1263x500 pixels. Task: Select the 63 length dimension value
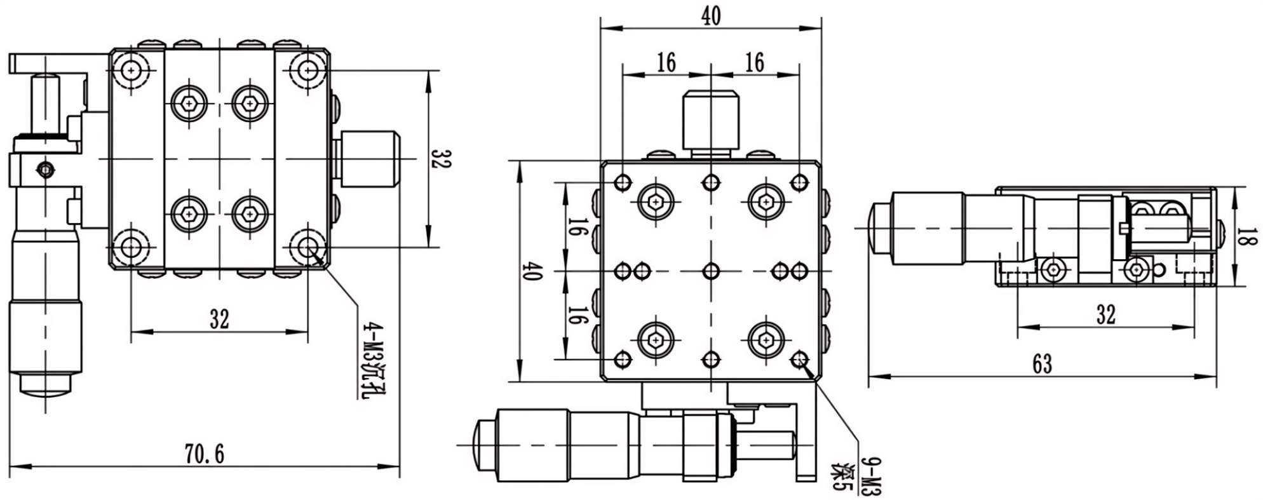point(1042,364)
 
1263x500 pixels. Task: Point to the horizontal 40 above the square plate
point(711,16)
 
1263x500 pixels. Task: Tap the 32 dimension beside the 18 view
point(1105,314)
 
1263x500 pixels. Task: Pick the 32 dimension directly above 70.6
point(219,319)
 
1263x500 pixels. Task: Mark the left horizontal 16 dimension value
point(666,62)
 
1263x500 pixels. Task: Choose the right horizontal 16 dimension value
point(754,62)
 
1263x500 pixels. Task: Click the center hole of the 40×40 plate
point(711,272)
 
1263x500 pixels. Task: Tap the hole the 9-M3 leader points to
point(799,360)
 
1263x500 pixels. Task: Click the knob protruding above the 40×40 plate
point(711,120)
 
